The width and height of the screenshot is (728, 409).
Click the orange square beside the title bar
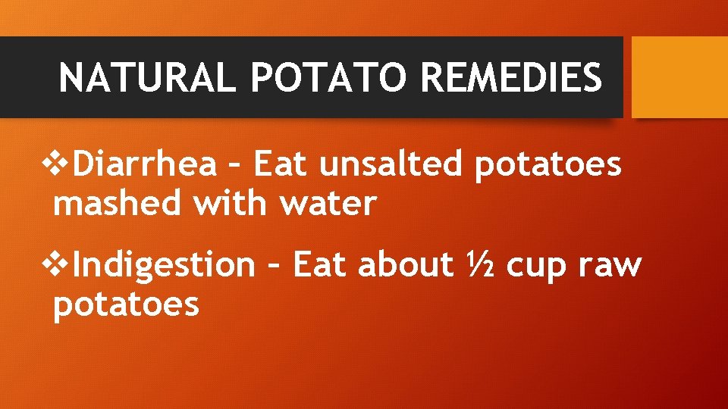pyautogui.click(x=679, y=77)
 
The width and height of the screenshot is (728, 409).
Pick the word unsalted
pyautogui.click(x=390, y=164)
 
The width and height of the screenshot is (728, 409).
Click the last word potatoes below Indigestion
pyautogui.click(x=126, y=305)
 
